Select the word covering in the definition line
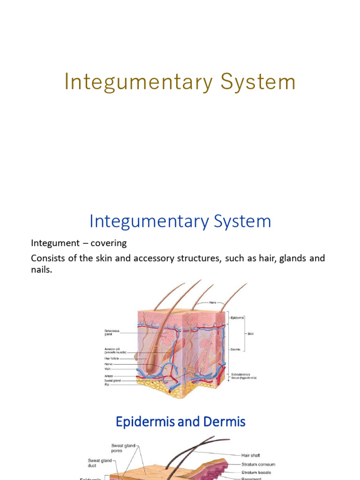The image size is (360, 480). (x=108, y=243)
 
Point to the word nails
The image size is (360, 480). (x=41, y=270)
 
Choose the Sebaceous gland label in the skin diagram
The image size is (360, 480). (x=112, y=332)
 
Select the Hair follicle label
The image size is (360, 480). (x=112, y=359)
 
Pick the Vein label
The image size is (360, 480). (x=107, y=369)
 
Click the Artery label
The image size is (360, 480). (x=108, y=376)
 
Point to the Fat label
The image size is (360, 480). (x=106, y=384)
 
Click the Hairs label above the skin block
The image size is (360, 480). (x=219, y=303)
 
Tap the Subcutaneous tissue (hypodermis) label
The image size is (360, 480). (x=243, y=376)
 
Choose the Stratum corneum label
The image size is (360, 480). (x=259, y=464)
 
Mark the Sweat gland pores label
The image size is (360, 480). (x=123, y=448)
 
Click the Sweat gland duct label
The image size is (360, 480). (x=100, y=463)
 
